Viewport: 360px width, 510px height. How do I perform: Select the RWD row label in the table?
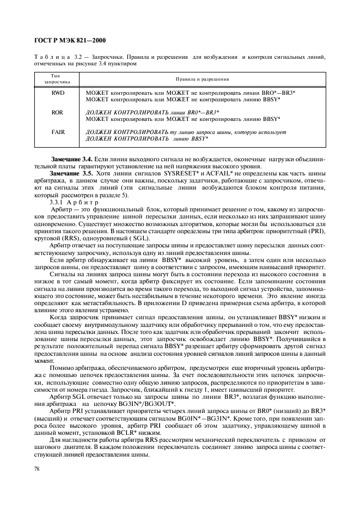coord(58,93)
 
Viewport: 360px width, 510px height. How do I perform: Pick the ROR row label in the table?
coord(58,112)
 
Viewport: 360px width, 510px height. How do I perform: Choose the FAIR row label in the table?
coord(58,131)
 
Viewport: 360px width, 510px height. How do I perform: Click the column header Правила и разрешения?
coord(202,79)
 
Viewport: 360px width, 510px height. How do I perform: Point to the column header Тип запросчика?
coord(58,78)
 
